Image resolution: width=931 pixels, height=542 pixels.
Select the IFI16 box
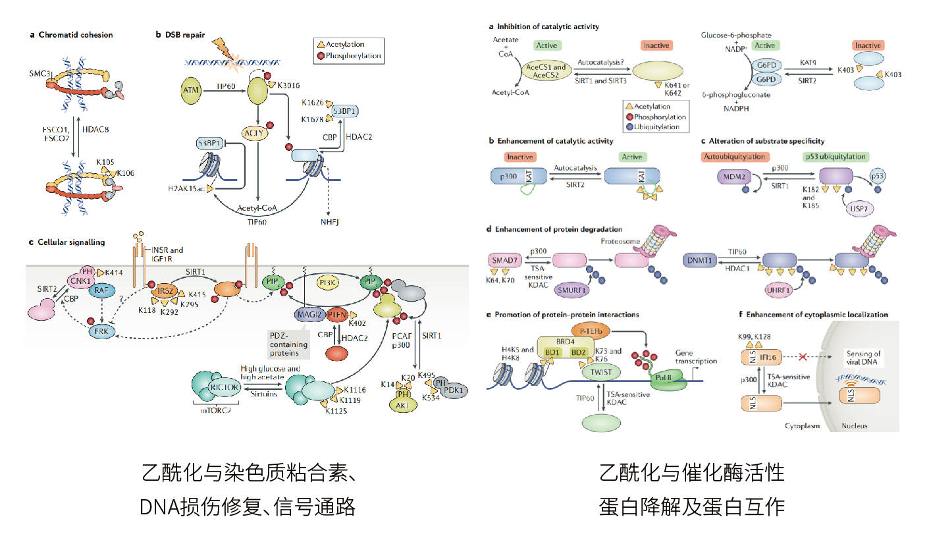point(763,356)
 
